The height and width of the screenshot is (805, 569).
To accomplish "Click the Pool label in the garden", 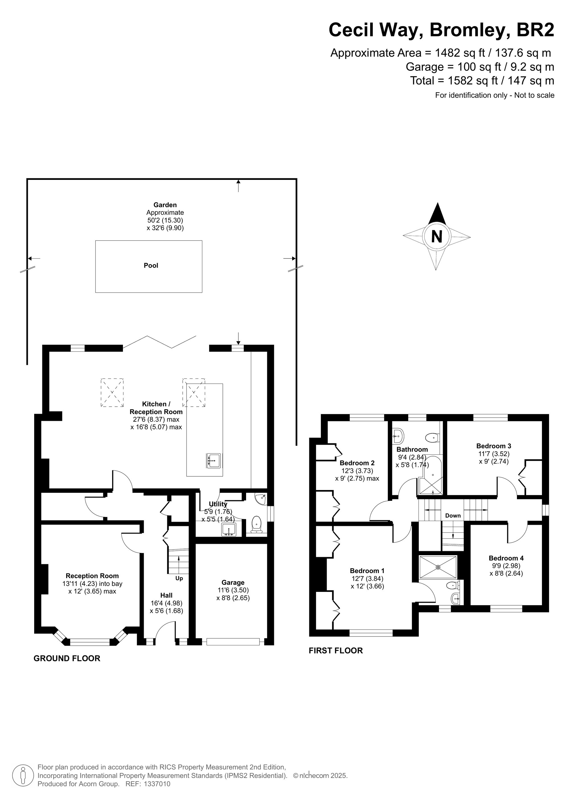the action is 151,266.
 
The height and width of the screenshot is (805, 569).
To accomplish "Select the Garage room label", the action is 233,582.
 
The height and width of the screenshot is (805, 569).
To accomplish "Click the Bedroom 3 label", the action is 494,446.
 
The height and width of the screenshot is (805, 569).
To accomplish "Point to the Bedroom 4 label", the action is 506,558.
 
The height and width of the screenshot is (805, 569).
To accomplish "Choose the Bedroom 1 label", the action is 367,571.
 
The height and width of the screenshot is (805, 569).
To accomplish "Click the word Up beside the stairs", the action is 179,578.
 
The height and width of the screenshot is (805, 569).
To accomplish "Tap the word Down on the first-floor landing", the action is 453,515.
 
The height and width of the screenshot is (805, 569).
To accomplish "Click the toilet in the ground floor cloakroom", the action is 257,524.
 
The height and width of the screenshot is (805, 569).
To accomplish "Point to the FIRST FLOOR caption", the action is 335,650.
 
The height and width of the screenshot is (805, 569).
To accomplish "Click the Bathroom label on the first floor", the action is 412,450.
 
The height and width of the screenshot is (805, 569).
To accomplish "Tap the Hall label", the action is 166,595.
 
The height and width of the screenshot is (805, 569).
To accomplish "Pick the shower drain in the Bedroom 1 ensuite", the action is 438,567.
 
